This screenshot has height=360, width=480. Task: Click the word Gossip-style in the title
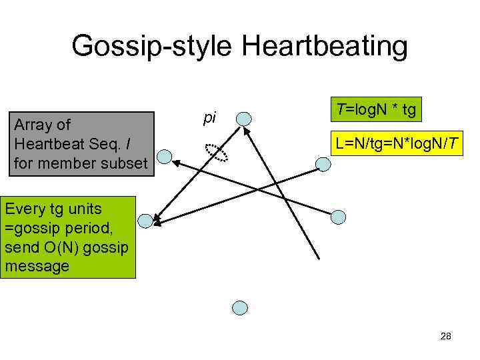(151, 47)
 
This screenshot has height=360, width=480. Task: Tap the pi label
(210, 117)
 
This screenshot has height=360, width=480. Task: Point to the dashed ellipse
(216, 153)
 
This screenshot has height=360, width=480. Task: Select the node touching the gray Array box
(164, 158)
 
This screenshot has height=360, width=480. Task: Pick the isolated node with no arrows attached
(240, 307)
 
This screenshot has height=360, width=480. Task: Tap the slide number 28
(446, 337)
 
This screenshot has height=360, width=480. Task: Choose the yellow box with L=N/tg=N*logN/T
(397, 143)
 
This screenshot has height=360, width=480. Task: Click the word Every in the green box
(24, 209)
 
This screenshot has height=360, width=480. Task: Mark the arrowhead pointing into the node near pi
(247, 131)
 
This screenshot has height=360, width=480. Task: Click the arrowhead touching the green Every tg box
(155, 219)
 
